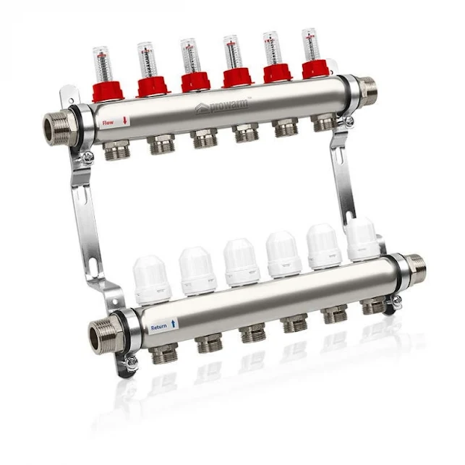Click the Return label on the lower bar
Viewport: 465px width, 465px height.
point(159,328)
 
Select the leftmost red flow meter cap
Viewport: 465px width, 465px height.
point(107,91)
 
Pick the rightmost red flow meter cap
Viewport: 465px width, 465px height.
point(316,69)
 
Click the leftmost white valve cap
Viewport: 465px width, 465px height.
point(153,281)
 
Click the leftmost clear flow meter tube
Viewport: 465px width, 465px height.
point(102,63)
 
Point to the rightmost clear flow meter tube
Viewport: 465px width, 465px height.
point(310,43)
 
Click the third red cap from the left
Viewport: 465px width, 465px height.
point(195,80)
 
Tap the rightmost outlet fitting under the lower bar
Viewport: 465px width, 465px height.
point(374,307)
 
